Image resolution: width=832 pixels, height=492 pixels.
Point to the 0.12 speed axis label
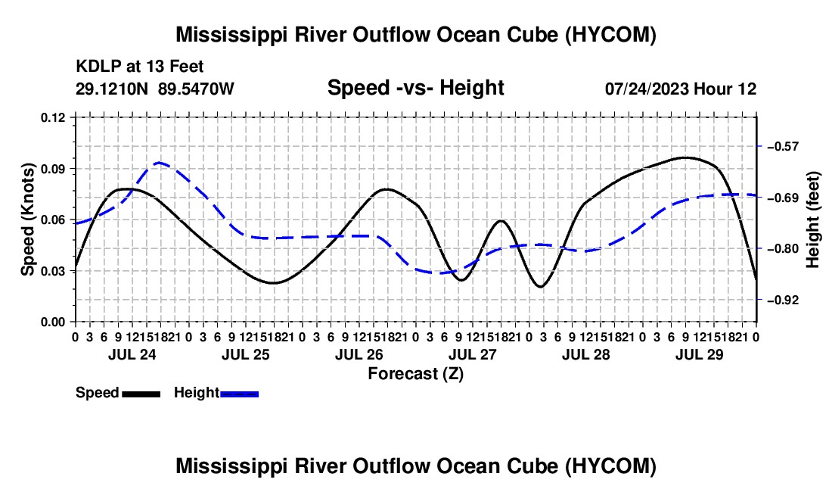53,118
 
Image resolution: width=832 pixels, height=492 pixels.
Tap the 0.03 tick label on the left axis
53,271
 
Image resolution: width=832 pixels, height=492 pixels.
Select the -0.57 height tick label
783,147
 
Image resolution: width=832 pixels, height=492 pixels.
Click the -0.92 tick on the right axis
783,300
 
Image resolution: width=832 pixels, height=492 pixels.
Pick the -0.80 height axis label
783,249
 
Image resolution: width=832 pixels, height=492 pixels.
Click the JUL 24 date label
132,354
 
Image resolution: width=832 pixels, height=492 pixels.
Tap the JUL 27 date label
473,354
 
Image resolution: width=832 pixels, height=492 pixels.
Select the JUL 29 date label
700,354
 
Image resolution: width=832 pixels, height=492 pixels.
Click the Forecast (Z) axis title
416,374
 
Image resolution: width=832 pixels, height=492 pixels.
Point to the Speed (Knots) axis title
27,220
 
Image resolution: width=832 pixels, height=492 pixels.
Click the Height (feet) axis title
813,220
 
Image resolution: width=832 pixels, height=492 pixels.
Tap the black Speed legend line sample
141,394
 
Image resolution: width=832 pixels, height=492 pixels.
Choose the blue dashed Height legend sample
239,394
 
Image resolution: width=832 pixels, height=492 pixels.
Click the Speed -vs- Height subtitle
416,88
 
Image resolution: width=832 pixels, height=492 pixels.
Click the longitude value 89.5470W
196,89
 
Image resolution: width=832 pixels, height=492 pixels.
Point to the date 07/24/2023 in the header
647,89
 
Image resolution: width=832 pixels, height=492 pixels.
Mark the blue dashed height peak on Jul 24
159,163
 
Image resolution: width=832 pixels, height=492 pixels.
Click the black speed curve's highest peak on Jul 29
686,157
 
